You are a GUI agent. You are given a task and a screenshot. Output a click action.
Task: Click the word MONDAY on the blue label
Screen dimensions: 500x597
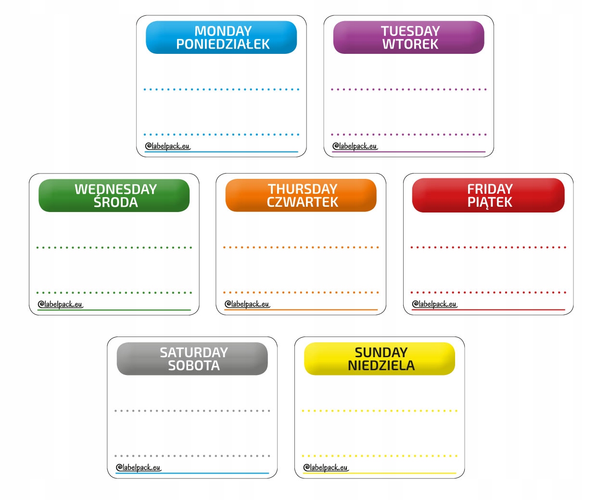(223, 31)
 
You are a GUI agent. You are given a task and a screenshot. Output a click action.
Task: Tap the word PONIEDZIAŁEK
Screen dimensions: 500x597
(223, 44)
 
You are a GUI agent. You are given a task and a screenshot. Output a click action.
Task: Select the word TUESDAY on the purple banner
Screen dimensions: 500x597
(410, 31)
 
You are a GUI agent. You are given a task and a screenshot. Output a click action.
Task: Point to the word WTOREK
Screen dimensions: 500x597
(410, 44)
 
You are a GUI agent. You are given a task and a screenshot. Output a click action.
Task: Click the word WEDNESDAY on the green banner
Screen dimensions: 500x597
(115, 189)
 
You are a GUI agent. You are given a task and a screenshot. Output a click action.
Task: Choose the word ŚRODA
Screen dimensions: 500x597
(115, 202)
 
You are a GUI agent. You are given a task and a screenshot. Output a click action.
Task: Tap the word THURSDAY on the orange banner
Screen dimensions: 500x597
(303, 189)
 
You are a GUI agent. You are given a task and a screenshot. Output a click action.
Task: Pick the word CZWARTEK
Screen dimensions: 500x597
(303, 202)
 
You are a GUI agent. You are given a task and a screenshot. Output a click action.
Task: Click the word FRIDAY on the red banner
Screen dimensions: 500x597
(490, 189)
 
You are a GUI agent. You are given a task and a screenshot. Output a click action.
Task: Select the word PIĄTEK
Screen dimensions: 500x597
(490, 202)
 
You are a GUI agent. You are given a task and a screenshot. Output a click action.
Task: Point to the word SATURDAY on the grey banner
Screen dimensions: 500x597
(193, 352)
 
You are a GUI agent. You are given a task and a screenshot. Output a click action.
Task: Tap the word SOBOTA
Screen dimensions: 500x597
(193, 366)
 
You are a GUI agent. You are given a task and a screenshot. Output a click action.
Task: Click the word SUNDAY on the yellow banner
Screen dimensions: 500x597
(381, 352)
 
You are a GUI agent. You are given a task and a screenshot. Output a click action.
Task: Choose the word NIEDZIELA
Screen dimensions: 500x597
(381, 366)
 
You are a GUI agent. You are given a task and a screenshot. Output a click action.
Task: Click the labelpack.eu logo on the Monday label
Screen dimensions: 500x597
(168, 146)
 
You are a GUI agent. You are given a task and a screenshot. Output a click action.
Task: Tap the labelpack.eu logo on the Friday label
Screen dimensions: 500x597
(434, 304)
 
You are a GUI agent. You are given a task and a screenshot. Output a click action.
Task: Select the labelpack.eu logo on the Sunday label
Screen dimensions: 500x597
(326, 467)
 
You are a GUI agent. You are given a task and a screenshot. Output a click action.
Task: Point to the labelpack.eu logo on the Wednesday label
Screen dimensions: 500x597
(60, 304)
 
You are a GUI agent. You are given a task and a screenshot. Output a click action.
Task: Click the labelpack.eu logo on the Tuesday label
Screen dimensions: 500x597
(355, 146)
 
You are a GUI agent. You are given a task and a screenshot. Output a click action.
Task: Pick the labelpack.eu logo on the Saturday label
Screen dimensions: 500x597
(139, 467)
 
